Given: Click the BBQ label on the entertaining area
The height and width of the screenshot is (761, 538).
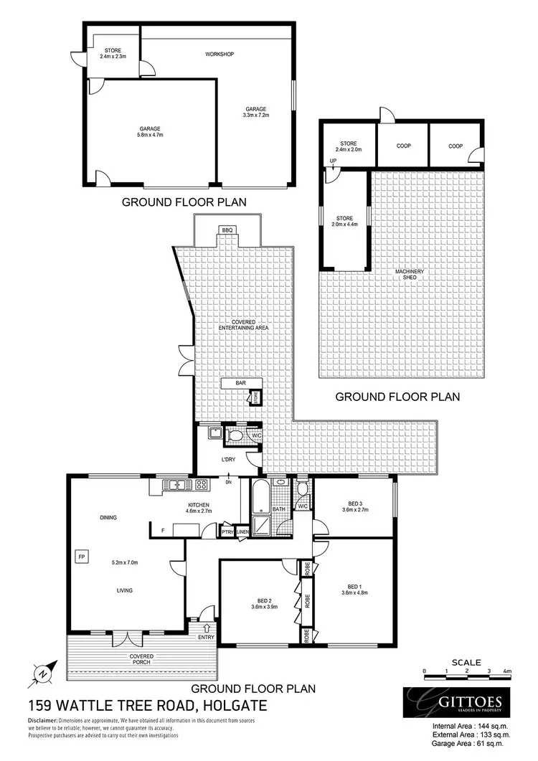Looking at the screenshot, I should coord(228,230).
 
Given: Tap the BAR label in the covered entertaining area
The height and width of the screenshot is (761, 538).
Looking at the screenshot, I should coord(240,384).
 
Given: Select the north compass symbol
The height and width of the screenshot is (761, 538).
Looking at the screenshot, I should coord(43,673).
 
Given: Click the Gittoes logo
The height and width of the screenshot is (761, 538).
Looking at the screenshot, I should coord(456,701).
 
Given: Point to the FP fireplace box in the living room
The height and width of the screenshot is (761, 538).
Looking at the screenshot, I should coord(80,556).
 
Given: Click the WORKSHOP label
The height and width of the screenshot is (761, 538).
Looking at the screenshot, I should coord(220,55).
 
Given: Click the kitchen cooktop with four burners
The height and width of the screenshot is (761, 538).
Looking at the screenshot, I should coord(202,484).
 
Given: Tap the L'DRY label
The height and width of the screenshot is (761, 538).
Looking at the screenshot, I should coord(229,459).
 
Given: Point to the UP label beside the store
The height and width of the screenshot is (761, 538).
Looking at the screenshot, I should coord(333,161).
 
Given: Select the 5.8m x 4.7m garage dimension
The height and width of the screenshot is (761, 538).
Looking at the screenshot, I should coord(150,134).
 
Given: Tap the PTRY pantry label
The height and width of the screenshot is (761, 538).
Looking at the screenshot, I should coord(227,531).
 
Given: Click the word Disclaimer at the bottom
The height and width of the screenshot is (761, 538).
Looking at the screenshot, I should coord(42,719).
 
